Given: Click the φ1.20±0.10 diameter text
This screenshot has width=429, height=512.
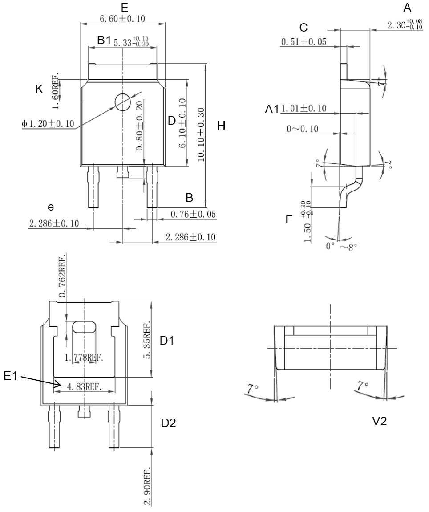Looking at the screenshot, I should [x=48, y=123].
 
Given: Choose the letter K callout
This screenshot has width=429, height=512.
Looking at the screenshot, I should [x=39, y=89].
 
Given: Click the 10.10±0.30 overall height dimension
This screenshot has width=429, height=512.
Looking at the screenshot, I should [x=201, y=135].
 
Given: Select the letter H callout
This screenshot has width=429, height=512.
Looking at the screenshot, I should [x=221, y=126].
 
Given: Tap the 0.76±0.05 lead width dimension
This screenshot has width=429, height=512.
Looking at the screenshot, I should [x=193, y=215].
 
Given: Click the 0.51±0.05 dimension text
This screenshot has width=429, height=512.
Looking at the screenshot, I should [x=304, y=42].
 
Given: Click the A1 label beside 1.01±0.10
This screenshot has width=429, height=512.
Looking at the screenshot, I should [x=272, y=109].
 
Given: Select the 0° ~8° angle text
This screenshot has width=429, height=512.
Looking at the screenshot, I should [x=340, y=246].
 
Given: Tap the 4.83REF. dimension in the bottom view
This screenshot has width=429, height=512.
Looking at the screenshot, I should [x=84, y=387].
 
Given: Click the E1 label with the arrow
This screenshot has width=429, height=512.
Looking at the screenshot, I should [x=10, y=376].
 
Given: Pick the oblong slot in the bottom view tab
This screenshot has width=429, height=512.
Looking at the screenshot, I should [x=84, y=327].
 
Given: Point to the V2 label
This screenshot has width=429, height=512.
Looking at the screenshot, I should [x=379, y=421].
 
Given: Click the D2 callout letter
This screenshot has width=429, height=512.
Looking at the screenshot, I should [x=169, y=423].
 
